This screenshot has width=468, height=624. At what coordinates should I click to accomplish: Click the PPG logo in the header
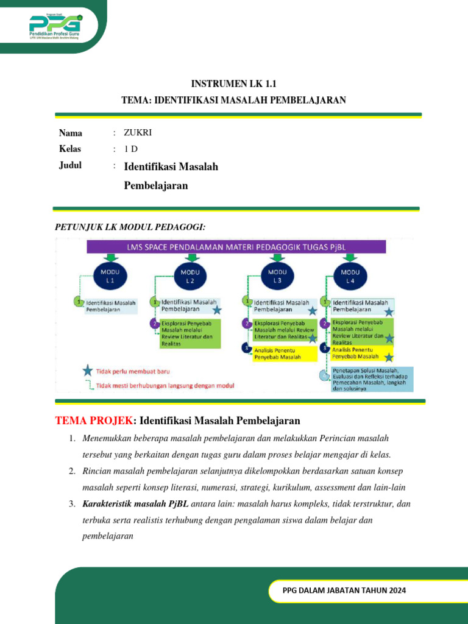(x=55, y=26)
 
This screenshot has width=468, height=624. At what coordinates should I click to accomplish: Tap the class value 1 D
(x=130, y=149)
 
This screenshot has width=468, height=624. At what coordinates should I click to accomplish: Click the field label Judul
(x=70, y=166)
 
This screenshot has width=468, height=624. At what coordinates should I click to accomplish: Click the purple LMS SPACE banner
(x=236, y=247)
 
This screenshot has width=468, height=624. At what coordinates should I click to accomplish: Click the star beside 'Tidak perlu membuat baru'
(x=88, y=370)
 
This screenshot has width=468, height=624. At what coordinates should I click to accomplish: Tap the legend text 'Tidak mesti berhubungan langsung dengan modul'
(x=166, y=385)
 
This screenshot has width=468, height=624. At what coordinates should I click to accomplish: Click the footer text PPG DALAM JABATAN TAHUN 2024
(x=344, y=590)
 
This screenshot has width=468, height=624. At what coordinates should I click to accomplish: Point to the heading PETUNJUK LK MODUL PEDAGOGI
(x=130, y=227)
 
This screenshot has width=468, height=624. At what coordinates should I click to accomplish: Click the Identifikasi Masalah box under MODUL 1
(x=110, y=305)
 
